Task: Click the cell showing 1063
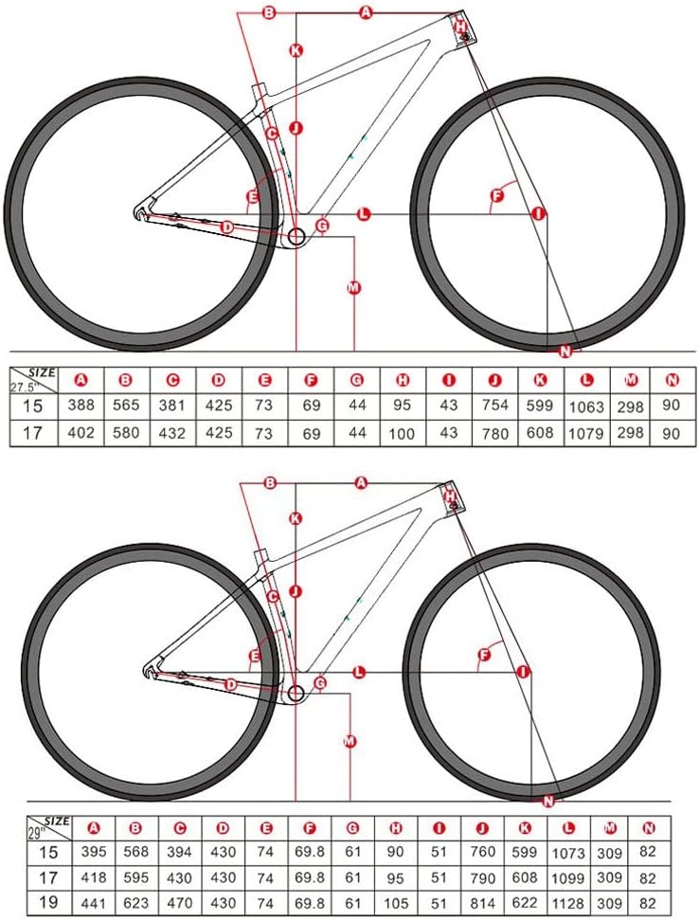click(588, 406)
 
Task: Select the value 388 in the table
click(81, 406)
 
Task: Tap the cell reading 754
click(495, 406)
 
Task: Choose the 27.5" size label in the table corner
click(29, 388)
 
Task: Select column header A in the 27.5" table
click(81, 380)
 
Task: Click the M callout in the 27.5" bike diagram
click(354, 286)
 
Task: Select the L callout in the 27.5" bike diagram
click(363, 214)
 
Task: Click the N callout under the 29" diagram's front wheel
click(547, 801)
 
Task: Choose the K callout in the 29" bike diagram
click(296, 518)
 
